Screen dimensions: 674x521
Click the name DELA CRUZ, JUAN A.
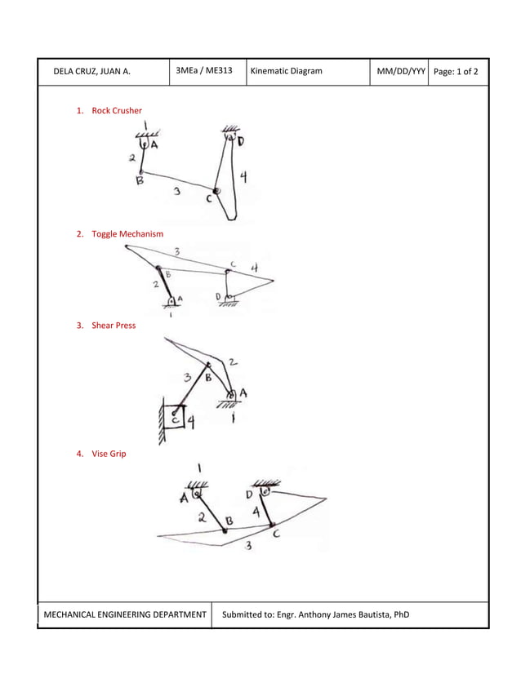click(x=91, y=72)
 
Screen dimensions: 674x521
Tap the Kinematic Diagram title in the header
click(x=286, y=72)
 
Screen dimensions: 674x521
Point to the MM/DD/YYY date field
click(x=400, y=72)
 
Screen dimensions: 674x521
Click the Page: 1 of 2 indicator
click(x=456, y=72)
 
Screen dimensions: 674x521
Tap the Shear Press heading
click(x=114, y=326)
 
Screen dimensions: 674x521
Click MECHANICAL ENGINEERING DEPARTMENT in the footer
click(x=124, y=614)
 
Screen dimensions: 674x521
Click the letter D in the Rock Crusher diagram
click(x=241, y=142)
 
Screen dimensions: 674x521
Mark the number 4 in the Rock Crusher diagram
click(x=243, y=177)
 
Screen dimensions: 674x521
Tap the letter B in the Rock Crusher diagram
click(x=140, y=183)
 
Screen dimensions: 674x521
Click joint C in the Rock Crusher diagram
click(x=216, y=191)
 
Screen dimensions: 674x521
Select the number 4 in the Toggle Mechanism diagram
click(x=254, y=267)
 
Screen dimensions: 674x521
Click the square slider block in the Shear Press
click(x=173, y=418)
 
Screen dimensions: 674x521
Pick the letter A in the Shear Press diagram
click(x=243, y=394)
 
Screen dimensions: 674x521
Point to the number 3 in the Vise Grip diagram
click(x=248, y=546)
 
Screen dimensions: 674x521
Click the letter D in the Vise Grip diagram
click(x=249, y=495)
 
